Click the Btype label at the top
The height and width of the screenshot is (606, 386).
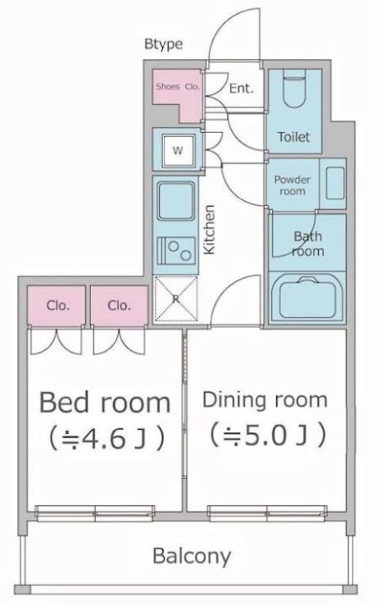coord(164,44)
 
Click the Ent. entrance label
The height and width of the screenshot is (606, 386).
coord(240,88)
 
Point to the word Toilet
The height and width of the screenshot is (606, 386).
coord(294,137)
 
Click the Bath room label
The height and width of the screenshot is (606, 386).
coord(308,244)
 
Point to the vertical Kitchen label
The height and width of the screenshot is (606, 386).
coord(210,230)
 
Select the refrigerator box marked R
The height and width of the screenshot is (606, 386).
coord(175,298)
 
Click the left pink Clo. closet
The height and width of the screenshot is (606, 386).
coord(57,306)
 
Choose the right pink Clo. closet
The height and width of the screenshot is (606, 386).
coord(120,306)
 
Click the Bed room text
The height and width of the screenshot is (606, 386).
coord(105,402)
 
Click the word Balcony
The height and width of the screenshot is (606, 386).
coord(192,556)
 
